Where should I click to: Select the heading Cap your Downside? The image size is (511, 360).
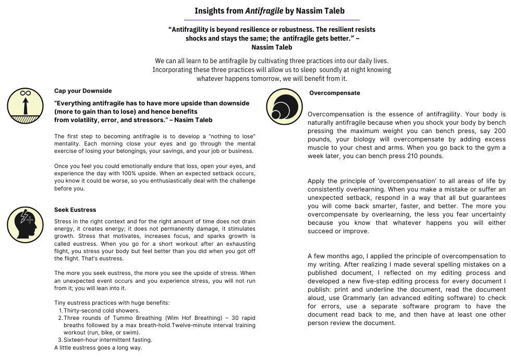pyautogui.click(x=83, y=91)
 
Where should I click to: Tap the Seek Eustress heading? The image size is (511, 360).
pyautogui.click(x=75, y=210)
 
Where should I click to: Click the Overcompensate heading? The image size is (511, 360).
pyautogui.click(x=334, y=93)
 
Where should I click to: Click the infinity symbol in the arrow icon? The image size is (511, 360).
pyautogui.click(x=25, y=93)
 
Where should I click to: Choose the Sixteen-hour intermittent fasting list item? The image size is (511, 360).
pyautogui.click(x=108, y=340)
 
